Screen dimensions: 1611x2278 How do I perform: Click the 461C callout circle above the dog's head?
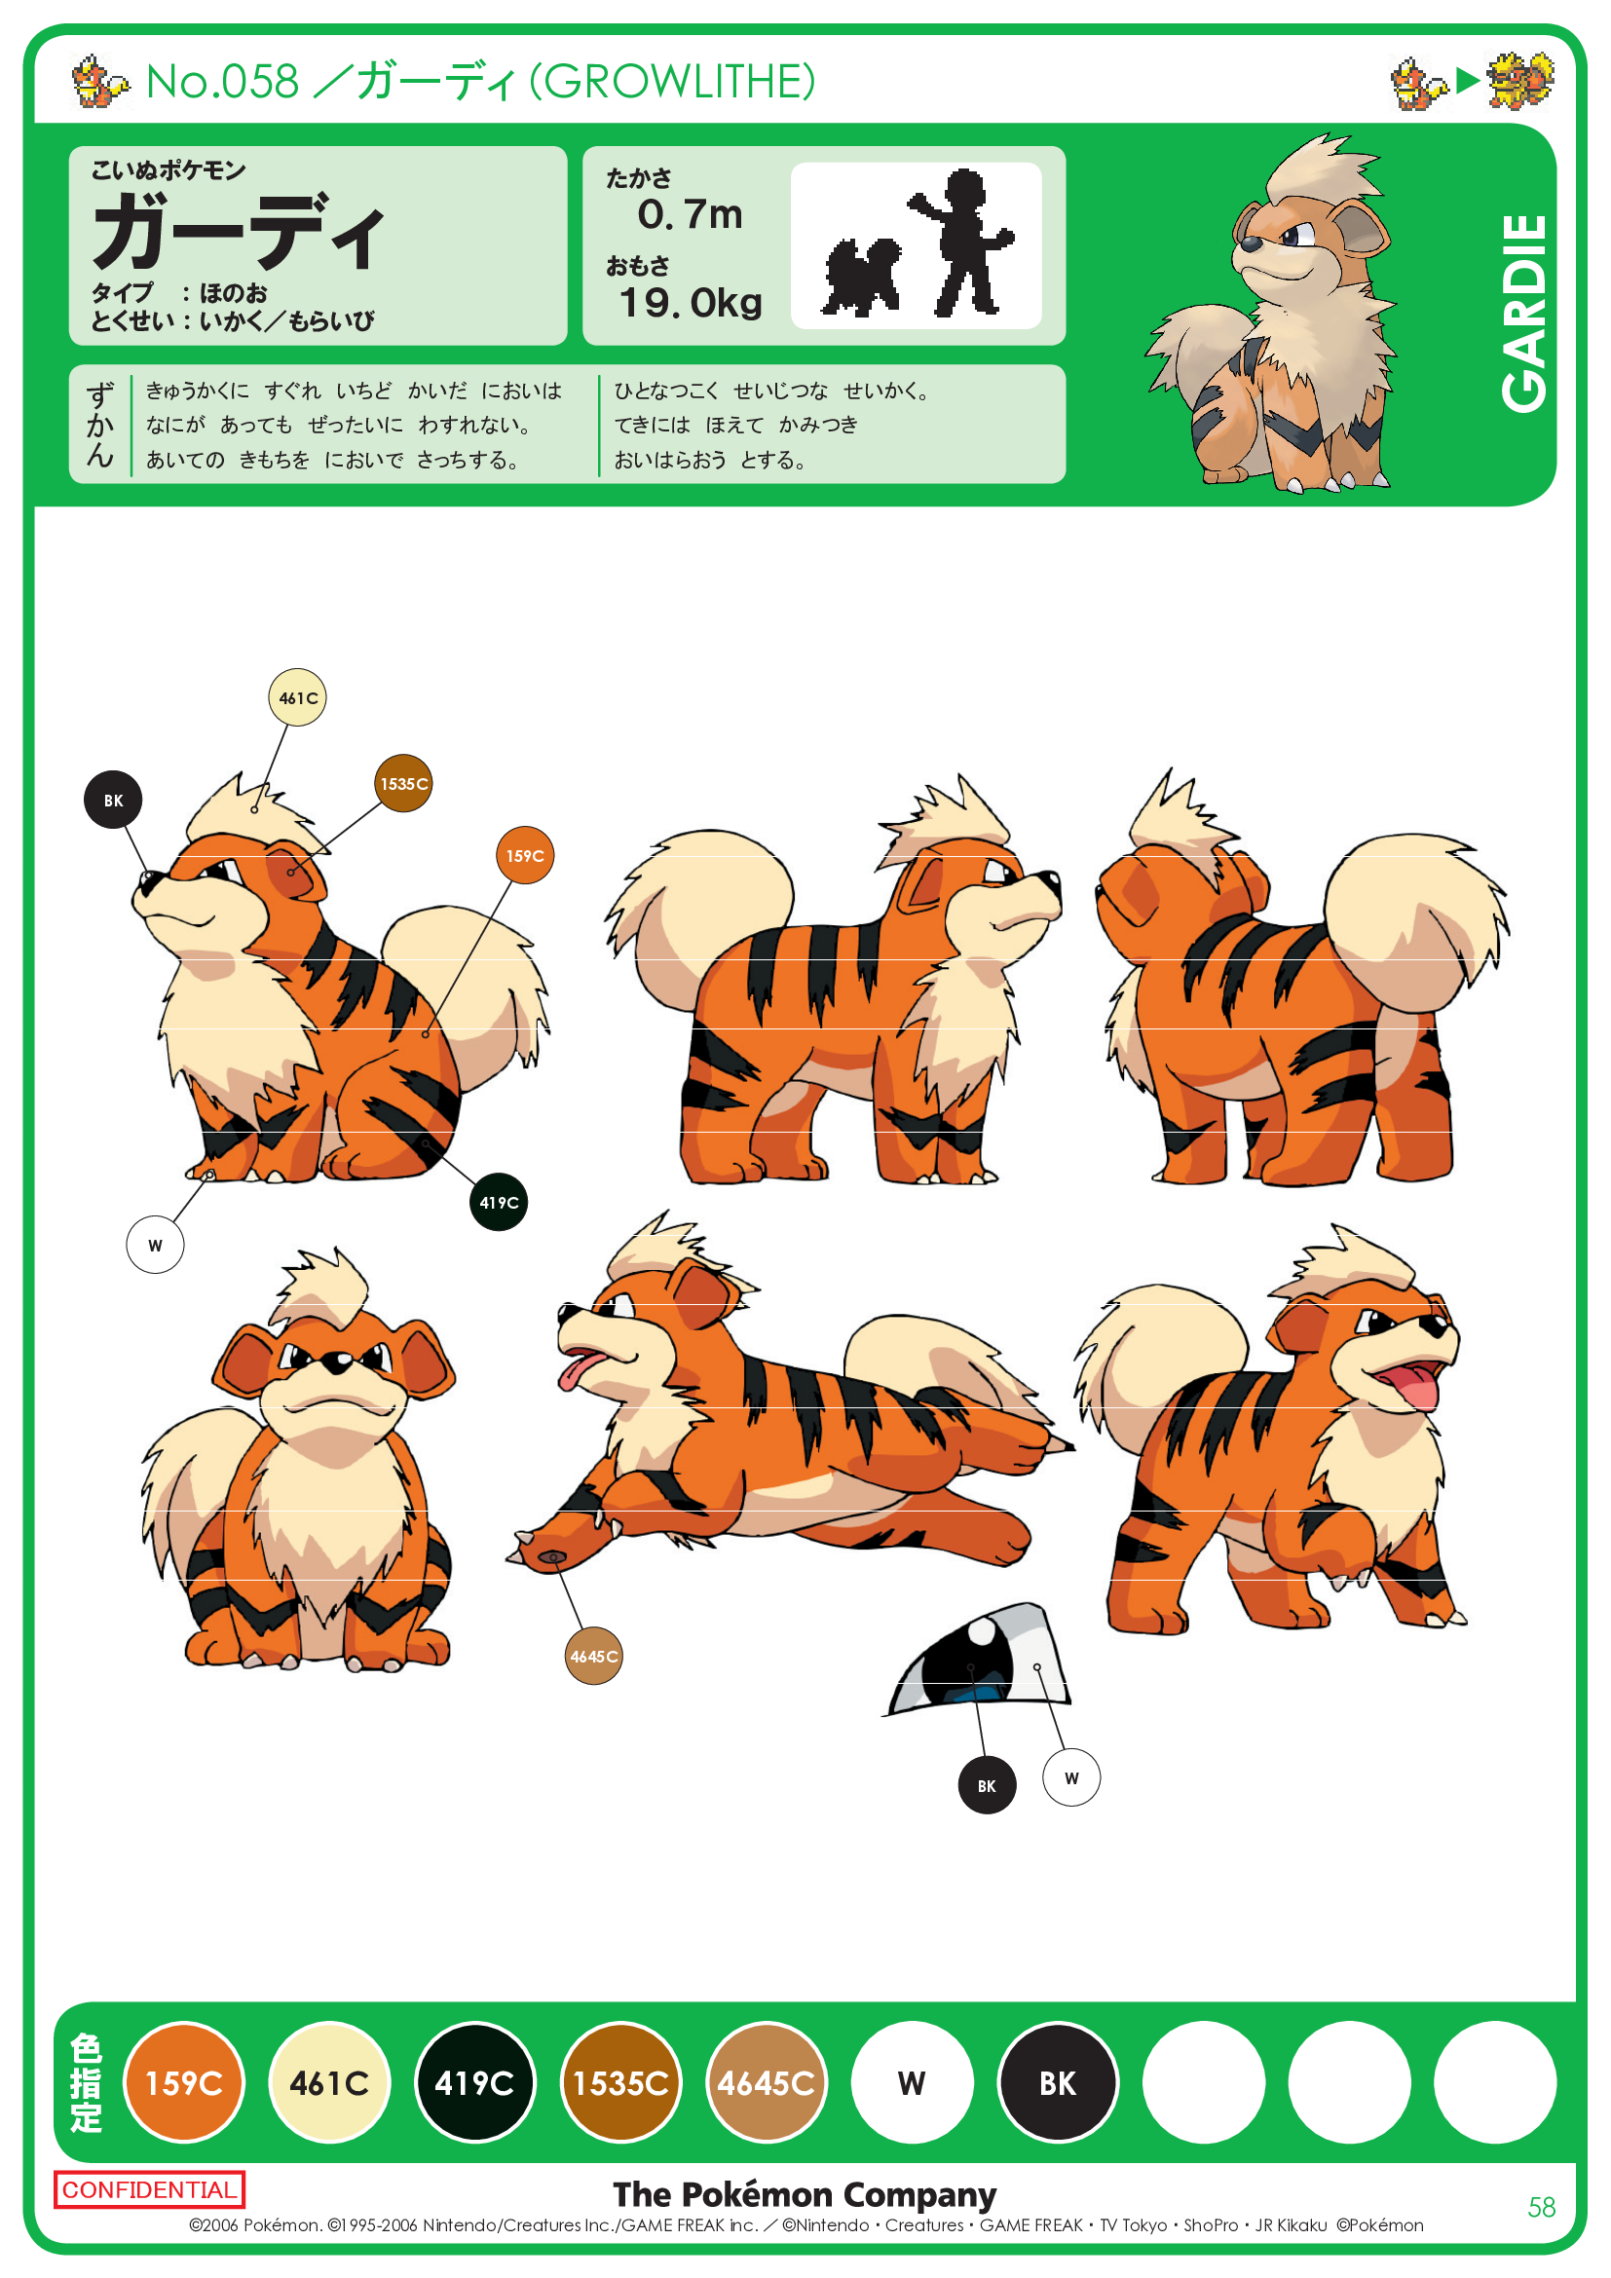(298, 697)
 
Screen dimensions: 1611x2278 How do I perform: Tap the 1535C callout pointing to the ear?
(404, 783)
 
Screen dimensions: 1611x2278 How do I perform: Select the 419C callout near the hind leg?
(498, 1203)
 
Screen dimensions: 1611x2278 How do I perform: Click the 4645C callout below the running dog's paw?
(593, 1656)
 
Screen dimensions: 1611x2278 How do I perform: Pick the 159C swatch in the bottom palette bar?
(184, 2082)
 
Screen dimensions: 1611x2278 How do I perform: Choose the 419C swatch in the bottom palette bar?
(475, 2082)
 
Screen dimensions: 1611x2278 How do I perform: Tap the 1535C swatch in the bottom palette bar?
(621, 2082)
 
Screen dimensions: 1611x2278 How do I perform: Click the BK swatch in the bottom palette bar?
(1058, 2082)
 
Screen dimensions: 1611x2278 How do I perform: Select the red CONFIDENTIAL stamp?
(150, 2189)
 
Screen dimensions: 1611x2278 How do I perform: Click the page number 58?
(1542, 2208)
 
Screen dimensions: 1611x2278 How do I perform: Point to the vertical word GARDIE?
(1523, 314)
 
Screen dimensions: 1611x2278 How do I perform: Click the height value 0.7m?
(691, 214)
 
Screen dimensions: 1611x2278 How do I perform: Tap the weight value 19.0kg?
(691, 303)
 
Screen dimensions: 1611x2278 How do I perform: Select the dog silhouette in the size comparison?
(862, 277)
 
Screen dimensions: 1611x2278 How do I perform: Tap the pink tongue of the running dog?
(577, 1372)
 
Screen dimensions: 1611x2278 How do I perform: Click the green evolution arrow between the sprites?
(1468, 81)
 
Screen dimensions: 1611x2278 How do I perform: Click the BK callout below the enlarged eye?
(987, 1785)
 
